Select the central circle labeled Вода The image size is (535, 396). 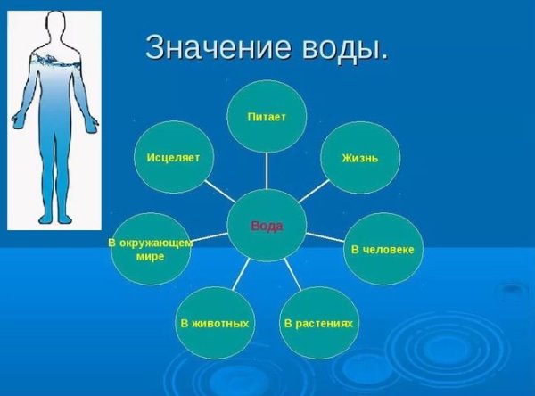tap(267, 225)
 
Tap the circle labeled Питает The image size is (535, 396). tap(267, 116)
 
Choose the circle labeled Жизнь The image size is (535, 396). tap(359, 158)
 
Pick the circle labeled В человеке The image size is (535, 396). tap(383, 248)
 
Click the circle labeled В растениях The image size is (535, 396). tap(318, 322)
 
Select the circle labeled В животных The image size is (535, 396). tap(214, 322)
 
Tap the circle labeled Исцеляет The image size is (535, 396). tap(174, 158)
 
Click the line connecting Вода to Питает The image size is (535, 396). tap(267, 169)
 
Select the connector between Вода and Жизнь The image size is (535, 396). tap(314, 190)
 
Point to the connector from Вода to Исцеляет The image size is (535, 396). tap(220, 190)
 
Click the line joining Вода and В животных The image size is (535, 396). tap(240, 274)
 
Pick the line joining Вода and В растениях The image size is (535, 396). tap(293, 274)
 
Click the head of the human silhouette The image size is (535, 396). tap(55, 25)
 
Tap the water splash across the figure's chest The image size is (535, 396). tap(55, 61)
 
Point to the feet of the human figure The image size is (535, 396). tap(55, 218)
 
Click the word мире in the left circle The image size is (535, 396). tap(151, 256)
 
